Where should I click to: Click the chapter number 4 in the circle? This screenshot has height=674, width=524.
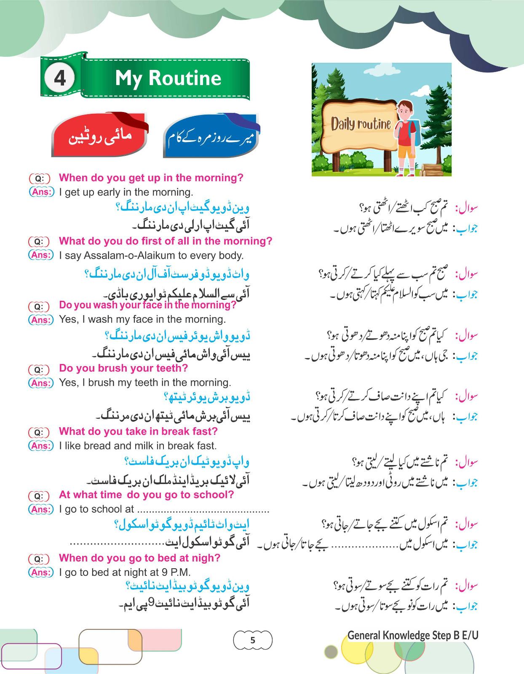[x=60, y=78]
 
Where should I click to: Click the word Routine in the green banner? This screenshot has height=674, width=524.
[x=185, y=78]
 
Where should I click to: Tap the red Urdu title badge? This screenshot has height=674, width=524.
[x=100, y=136]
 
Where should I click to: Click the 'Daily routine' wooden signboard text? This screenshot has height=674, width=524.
[x=361, y=124]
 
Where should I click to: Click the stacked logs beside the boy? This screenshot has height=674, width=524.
[x=431, y=169]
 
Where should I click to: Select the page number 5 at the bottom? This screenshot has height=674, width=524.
[x=253, y=640]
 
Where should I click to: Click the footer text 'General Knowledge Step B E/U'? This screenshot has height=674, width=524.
[x=413, y=635]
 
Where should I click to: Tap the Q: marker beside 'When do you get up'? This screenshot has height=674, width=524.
[x=39, y=179]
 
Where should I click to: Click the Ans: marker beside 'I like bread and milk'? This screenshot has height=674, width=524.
[x=41, y=446]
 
